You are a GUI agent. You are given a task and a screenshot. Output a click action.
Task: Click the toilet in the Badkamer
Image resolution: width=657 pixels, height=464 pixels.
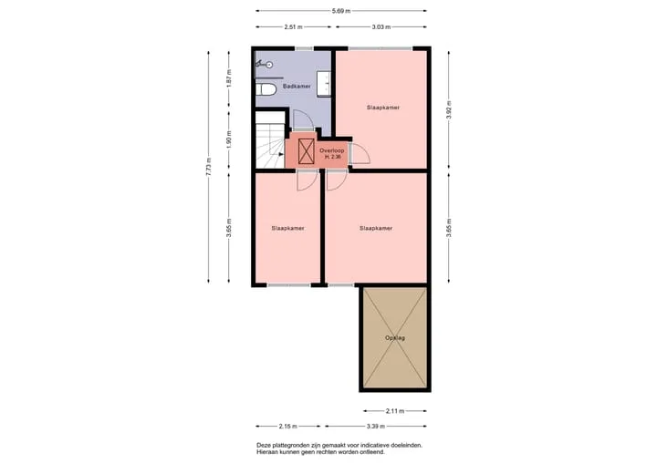pos(266,89)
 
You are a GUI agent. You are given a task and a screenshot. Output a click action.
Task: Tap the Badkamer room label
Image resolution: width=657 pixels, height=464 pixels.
pos(297,87)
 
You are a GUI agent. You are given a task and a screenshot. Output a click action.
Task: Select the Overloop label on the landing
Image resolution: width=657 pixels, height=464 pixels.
pos(331,150)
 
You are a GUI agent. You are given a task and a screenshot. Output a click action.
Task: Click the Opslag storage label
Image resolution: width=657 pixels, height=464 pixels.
pos(395,337)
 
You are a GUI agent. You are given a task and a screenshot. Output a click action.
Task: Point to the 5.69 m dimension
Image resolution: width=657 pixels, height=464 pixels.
pos(341,11)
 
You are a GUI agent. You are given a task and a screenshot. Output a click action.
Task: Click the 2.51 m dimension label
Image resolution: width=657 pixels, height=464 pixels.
pos(293,26)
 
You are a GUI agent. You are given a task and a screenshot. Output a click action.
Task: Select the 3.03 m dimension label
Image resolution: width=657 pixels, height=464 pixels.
pos(381,26)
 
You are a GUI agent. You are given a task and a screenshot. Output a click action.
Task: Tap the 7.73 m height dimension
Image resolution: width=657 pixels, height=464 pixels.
pos(209,167)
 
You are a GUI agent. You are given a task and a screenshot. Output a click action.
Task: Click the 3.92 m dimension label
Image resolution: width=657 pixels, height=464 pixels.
pos(449,110)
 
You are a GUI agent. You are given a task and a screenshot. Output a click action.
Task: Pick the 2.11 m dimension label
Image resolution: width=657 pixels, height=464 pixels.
pos(395,411)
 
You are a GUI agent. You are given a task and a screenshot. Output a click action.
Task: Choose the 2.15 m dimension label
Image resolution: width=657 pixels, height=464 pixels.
pos(287,427)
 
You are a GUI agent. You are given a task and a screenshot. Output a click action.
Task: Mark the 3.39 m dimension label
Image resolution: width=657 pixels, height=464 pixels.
pos(375,427)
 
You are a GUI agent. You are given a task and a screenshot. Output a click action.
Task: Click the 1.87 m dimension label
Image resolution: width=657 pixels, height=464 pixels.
pos(229,78)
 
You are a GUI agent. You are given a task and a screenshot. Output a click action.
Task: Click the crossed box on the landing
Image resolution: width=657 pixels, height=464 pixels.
pos(307,151)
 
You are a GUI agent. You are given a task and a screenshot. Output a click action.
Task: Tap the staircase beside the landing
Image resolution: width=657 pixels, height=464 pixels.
pos(270,139)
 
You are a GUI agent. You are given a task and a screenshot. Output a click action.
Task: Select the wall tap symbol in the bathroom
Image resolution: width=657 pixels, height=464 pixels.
pos(265,64)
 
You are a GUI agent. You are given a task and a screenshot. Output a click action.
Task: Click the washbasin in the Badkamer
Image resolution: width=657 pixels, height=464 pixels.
pos(323,84)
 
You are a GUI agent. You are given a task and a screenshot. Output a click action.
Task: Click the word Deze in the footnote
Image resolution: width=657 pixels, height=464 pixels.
pos(264,445)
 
